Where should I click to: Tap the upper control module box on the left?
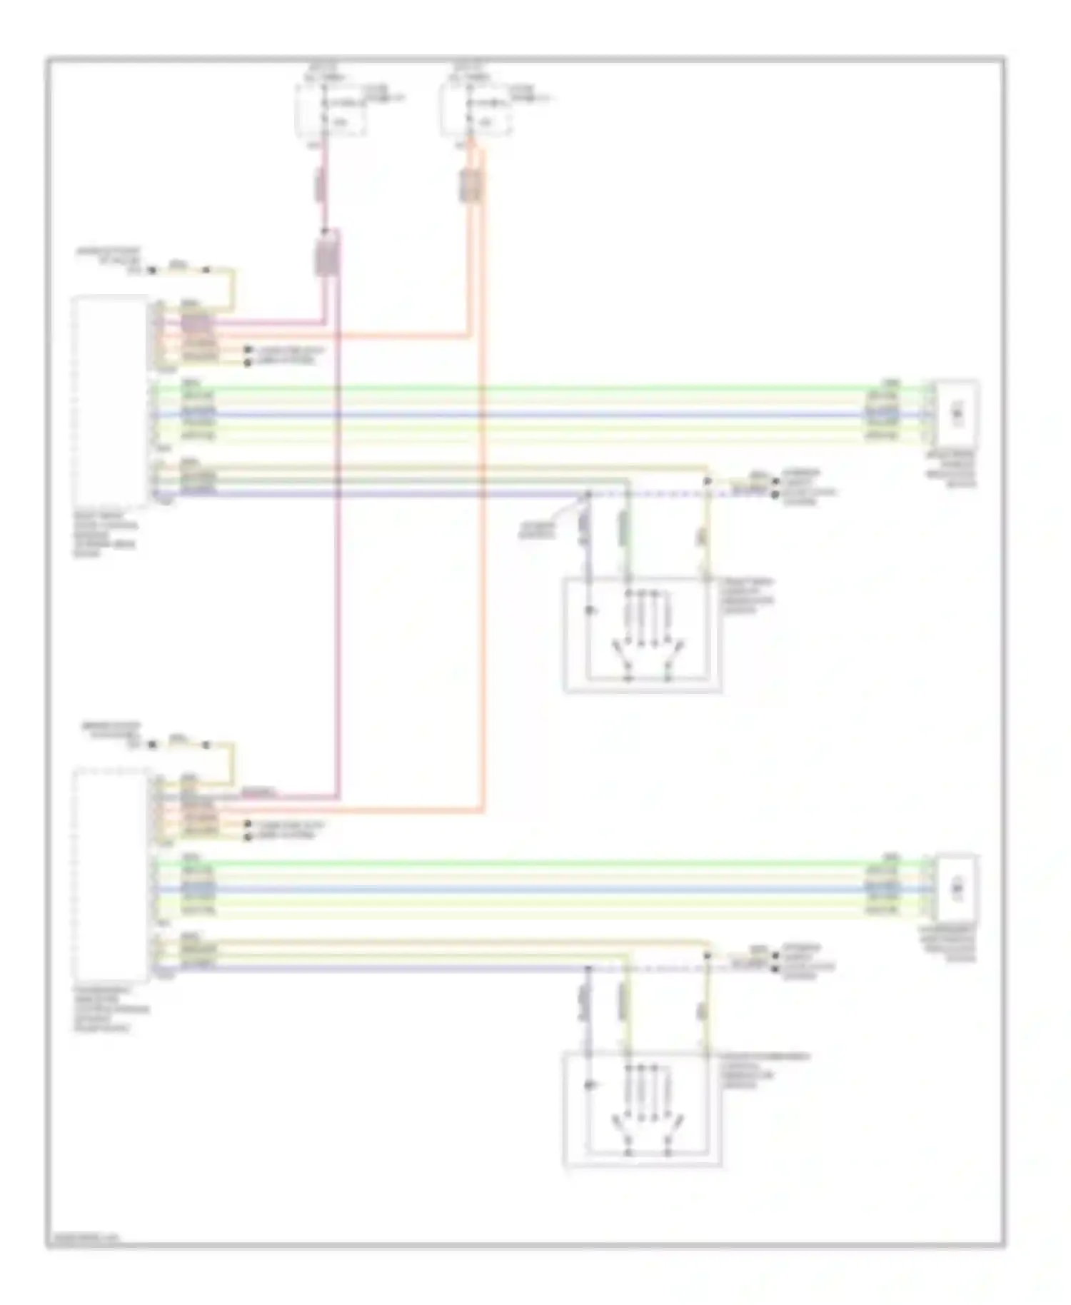pyautogui.click(x=111, y=401)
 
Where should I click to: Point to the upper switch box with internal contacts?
pyautogui.click(x=643, y=634)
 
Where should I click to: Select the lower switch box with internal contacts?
pyautogui.click(x=643, y=1109)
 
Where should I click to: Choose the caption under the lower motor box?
pyautogui.click(x=950, y=944)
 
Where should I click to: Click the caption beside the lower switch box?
pyautogui.click(x=764, y=1071)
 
